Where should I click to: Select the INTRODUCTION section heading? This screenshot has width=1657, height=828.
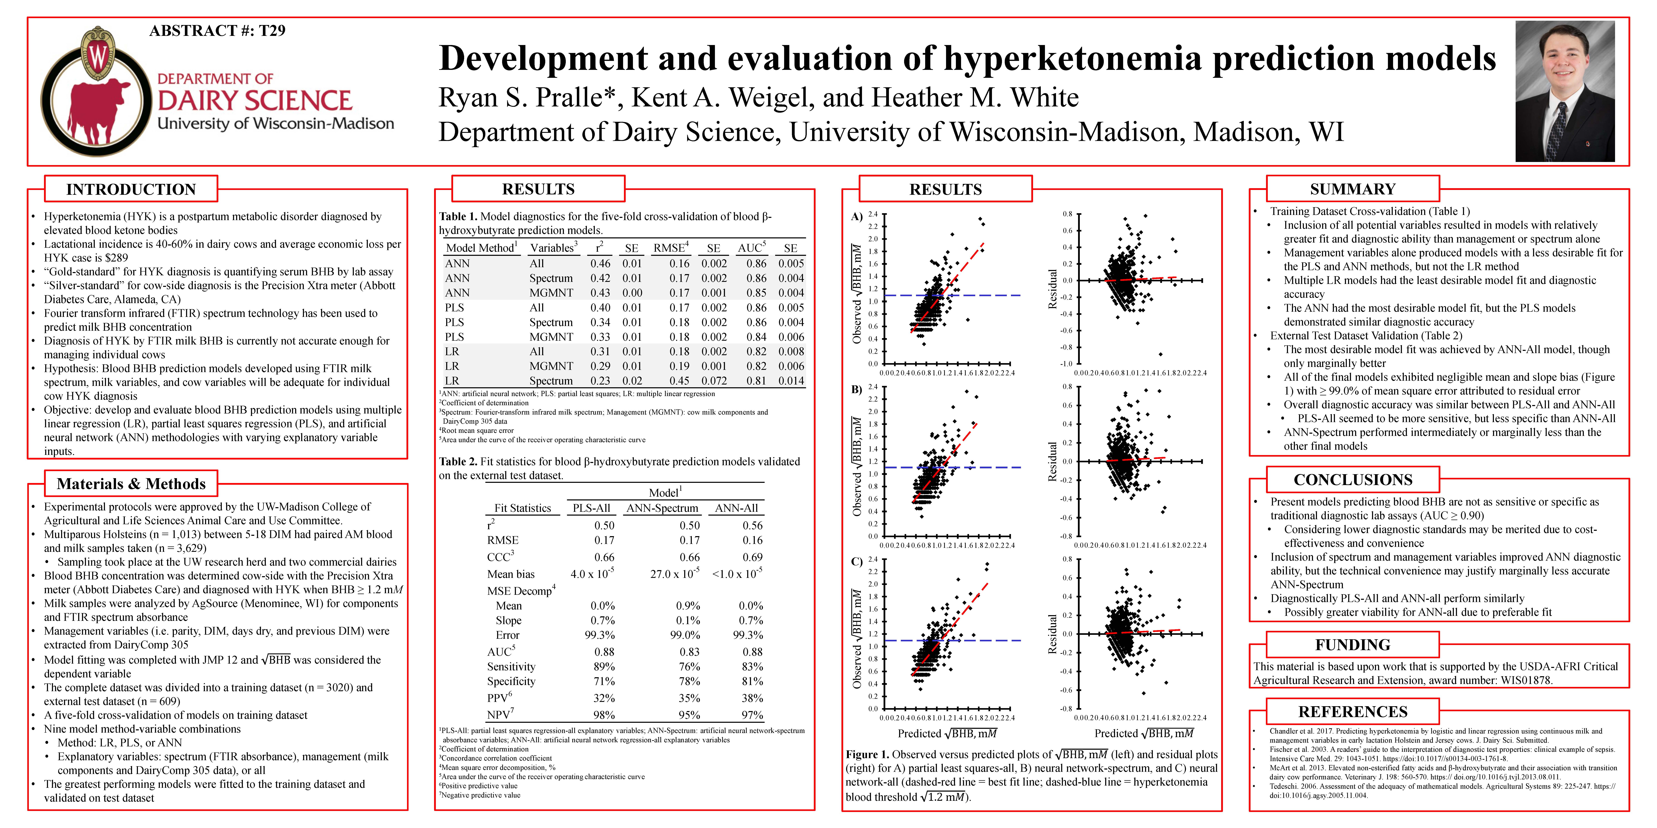pos(131,189)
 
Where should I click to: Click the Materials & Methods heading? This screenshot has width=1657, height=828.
pos(131,483)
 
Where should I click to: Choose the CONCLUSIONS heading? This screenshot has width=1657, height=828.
pos(1353,480)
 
